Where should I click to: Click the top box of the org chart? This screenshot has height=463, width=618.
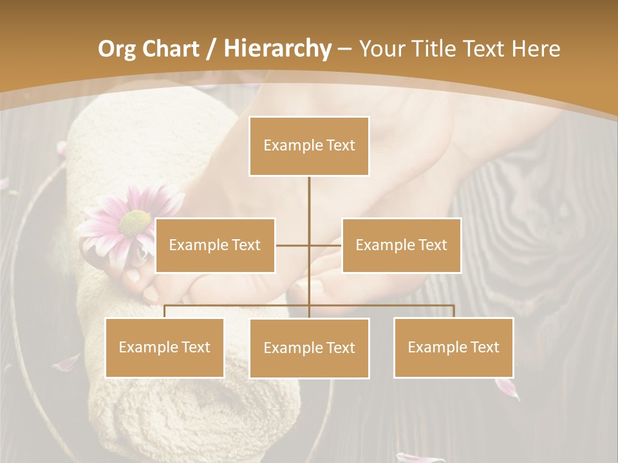309,146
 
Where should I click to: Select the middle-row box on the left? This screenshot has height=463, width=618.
215,245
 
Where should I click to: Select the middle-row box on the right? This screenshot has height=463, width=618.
401,245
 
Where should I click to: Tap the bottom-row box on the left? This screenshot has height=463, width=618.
165,347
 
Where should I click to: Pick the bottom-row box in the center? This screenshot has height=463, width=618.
309,348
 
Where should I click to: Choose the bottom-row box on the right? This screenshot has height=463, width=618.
453,347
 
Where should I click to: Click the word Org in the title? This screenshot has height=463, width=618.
117,49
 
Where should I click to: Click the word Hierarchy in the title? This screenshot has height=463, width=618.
277,49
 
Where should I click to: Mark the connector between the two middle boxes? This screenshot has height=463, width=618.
309,245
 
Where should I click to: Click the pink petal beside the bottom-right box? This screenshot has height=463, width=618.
507,388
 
